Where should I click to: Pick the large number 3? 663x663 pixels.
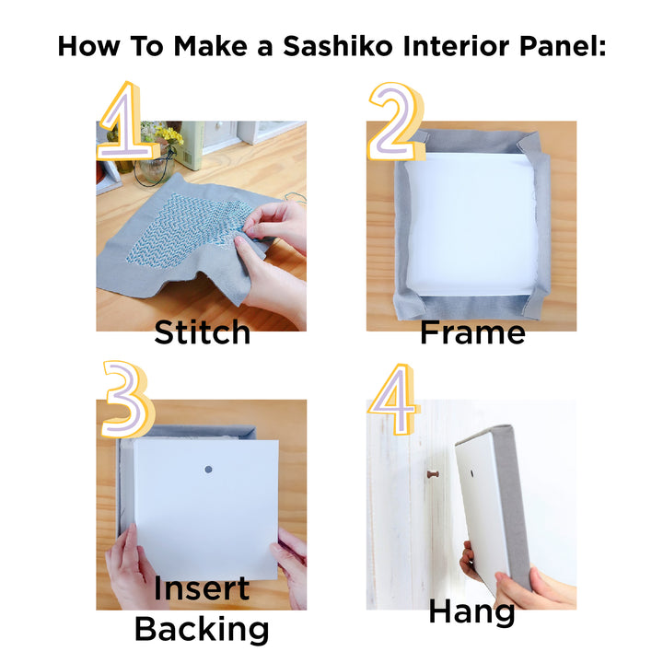coord(126,399)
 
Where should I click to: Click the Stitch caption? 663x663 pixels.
coord(202,332)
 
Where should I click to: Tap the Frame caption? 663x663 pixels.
coord(472,332)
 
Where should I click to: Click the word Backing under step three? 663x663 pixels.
coord(202,630)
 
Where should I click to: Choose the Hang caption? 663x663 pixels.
coord(471,612)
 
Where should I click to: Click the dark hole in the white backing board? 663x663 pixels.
coord(207,469)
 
